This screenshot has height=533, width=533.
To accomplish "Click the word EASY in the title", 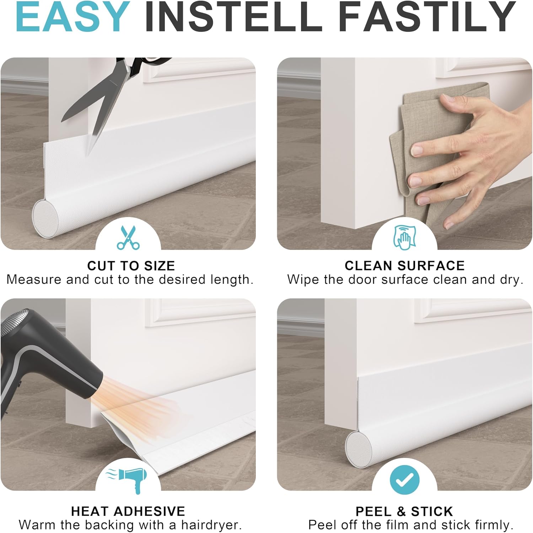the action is point(72,17).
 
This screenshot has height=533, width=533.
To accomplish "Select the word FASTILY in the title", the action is point(427,17).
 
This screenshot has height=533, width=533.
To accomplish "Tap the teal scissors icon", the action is point(128,237).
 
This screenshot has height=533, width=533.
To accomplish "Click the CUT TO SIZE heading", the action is point(131,266).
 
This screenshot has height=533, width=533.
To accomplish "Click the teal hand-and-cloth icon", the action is point(404,237).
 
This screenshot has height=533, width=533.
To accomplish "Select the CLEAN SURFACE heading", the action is point(405,266).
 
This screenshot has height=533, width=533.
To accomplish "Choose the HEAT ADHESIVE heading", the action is point(128,511).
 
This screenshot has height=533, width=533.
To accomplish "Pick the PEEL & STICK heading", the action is point(404,511).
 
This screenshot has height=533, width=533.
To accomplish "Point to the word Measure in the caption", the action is point(34,280).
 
